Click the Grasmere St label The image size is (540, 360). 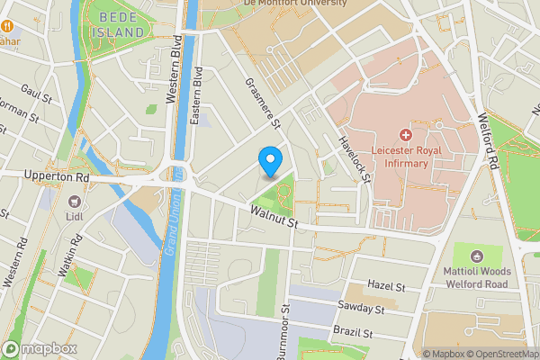(264, 102)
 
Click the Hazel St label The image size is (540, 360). (387, 285)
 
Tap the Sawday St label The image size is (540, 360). (362, 308)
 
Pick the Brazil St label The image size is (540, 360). (352, 332)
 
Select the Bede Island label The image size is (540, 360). (118, 23)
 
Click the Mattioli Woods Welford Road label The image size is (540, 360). (478, 277)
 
